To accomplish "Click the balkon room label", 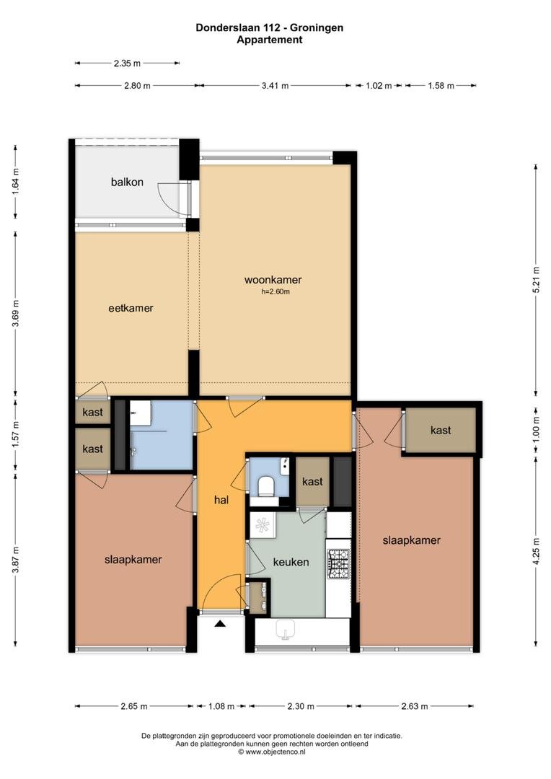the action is pyautogui.click(x=127, y=182).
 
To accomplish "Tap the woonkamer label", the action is pyautogui.click(x=273, y=280).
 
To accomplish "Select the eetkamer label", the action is pyautogui.click(x=131, y=308).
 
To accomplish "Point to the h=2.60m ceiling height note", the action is pyautogui.click(x=275, y=291).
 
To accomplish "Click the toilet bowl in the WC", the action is pyautogui.click(x=266, y=486).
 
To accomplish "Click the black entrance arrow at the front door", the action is pyautogui.click(x=220, y=624).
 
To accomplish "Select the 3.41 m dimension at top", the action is pyautogui.click(x=275, y=85).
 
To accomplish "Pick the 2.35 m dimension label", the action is pyautogui.click(x=127, y=63).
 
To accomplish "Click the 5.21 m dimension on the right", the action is pyautogui.click(x=536, y=280).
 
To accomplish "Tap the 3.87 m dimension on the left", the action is pyautogui.click(x=15, y=560).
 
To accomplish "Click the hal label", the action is pyautogui.click(x=221, y=500).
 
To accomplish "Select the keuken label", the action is pyautogui.click(x=291, y=562).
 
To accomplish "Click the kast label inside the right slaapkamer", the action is pyautogui.click(x=441, y=430).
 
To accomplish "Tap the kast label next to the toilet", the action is pyautogui.click(x=312, y=481).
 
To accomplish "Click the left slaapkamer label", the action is pyautogui.click(x=133, y=560).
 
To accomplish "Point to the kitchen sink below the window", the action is pyautogui.click(x=285, y=630).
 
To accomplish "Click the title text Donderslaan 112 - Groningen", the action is pyautogui.click(x=269, y=28).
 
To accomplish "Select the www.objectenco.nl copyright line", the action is pyautogui.click(x=272, y=752).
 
